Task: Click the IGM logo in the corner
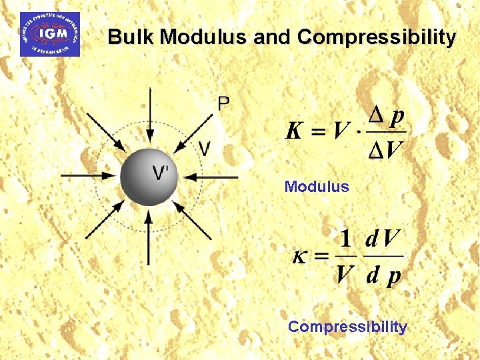click(50, 34)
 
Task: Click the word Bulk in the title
click(131, 37)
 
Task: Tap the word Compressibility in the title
click(377, 37)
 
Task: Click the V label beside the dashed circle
click(205, 148)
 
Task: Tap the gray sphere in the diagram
click(149, 177)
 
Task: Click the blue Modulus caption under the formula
click(317, 187)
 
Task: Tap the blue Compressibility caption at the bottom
click(347, 327)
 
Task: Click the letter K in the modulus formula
click(295, 131)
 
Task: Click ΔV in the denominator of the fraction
click(385, 150)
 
